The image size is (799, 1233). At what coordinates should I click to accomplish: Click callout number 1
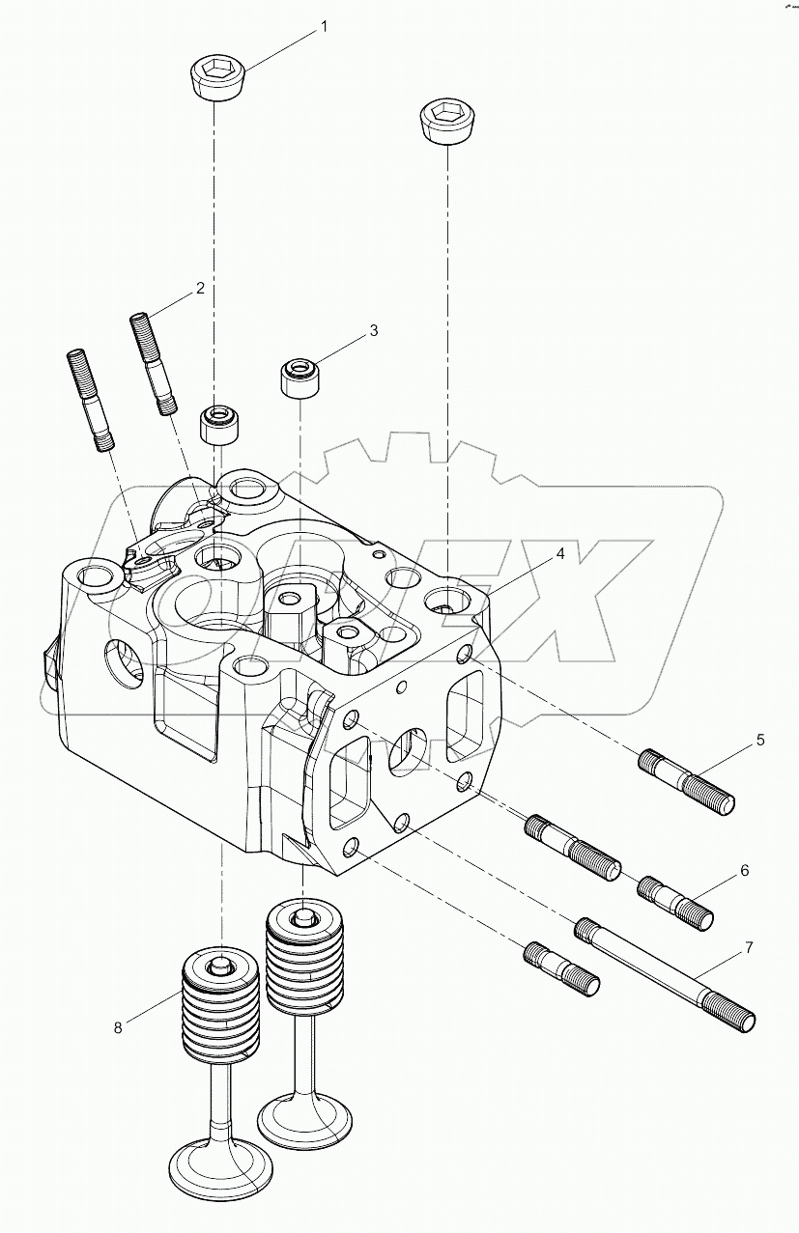tap(324, 26)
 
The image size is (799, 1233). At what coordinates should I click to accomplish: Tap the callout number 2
tap(200, 288)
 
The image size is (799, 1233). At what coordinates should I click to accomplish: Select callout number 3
tap(373, 331)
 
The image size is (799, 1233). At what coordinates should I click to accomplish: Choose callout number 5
tap(759, 741)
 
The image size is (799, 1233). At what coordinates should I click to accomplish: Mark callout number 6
tap(744, 870)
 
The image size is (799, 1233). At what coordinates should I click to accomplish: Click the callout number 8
tap(118, 1027)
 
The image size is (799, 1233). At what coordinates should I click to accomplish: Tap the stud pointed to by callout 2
tap(153, 363)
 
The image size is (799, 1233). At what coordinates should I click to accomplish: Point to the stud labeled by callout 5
tap(687, 781)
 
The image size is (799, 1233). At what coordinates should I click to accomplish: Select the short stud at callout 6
tap(676, 901)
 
